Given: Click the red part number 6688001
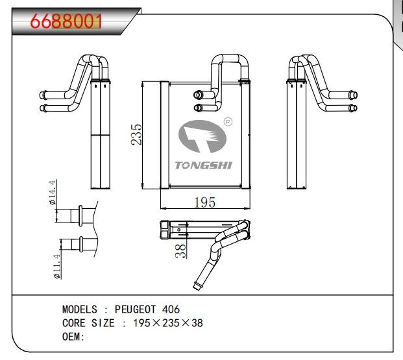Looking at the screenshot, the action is (x=66, y=21).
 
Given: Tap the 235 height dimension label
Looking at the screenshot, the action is (x=136, y=135).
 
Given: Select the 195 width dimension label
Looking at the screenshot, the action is (x=204, y=202).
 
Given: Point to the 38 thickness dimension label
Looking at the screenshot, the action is (x=180, y=251).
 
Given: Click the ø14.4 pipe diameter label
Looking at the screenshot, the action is (x=52, y=192).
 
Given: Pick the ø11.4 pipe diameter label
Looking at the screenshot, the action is (x=57, y=267).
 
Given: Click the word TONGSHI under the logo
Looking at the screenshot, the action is (x=204, y=165).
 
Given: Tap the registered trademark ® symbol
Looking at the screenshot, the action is (x=228, y=122).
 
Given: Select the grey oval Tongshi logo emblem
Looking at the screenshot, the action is (x=202, y=136).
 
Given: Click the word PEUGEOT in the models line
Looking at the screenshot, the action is (x=135, y=309).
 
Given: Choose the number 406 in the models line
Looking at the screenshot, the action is (x=171, y=309).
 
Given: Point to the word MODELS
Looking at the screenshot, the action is (x=80, y=309).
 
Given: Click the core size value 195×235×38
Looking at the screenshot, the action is (x=168, y=323).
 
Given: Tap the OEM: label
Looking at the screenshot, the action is (x=73, y=337).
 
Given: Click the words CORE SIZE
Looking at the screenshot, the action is (x=88, y=323).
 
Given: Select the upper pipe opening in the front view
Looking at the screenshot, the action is (x=198, y=95).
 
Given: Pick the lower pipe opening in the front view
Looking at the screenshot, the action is (x=198, y=108).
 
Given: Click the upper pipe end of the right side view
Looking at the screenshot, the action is (x=353, y=95).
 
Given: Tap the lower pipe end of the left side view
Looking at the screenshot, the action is (x=43, y=108).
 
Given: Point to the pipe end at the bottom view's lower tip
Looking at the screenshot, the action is (x=197, y=286).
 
